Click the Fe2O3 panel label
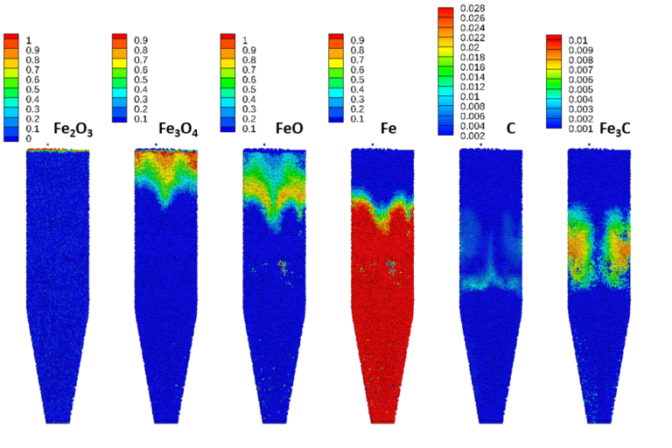(73, 130)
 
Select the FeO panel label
(290, 128)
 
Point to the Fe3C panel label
(612, 128)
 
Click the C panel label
(510, 128)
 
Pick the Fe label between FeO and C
(388, 128)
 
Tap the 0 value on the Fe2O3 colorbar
(28, 138)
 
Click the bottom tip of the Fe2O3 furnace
(58, 421)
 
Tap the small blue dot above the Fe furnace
(373, 143)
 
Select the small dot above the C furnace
(480, 144)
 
